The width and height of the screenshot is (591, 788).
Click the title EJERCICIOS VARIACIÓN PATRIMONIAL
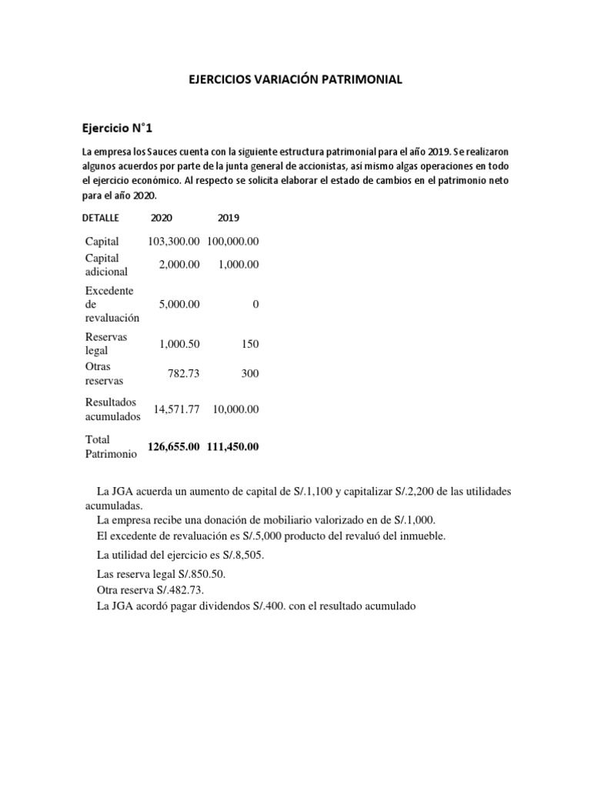point(295,79)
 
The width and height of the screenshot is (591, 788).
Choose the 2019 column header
point(229,218)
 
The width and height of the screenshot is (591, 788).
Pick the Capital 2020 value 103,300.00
point(174,242)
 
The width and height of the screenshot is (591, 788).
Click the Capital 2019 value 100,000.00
point(232,242)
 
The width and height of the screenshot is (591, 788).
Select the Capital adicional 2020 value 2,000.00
point(179,264)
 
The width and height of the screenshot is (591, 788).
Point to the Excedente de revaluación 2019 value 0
point(255,304)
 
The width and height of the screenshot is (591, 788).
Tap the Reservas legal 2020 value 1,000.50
point(179,344)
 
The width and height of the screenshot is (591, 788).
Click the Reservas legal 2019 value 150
point(249,344)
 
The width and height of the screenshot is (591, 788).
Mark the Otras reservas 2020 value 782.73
point(184,374)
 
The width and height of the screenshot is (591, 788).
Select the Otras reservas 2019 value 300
point(249,374)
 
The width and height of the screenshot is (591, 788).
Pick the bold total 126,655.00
point(174,447)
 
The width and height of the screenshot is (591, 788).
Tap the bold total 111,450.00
point(232,447)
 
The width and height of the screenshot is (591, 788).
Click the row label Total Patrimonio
point(111,447)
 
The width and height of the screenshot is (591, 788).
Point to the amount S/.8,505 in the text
point(229,554)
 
